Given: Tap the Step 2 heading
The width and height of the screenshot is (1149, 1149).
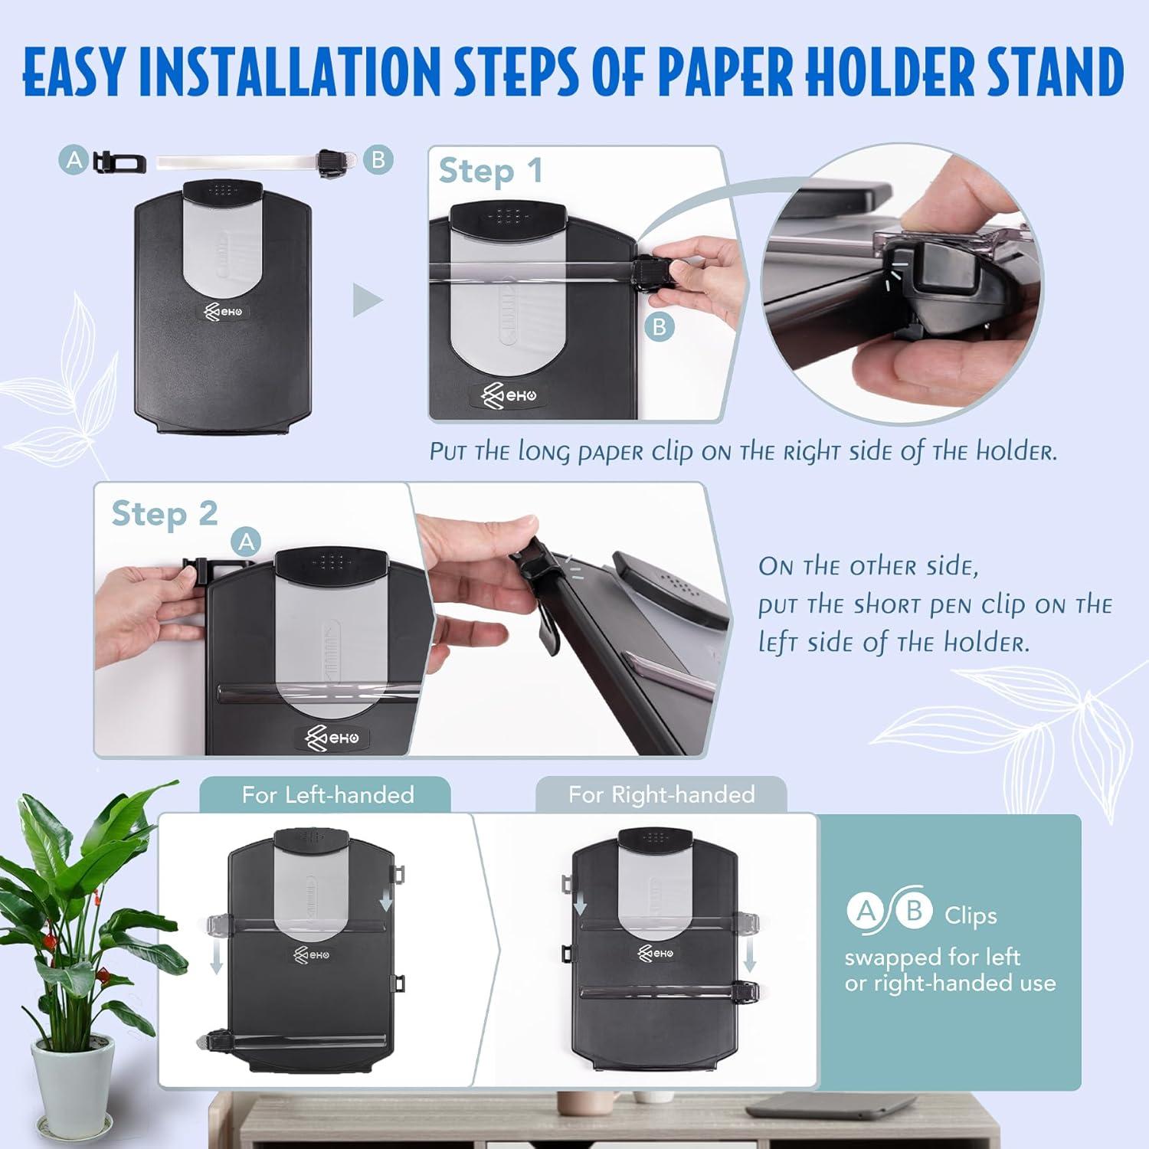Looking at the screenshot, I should [164, 514].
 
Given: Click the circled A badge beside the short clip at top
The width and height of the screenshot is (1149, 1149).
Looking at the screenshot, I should [74, 160].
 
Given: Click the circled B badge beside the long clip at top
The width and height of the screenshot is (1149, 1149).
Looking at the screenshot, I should [378, 160].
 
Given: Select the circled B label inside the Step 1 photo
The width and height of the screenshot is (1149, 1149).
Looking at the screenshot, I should [659, 327].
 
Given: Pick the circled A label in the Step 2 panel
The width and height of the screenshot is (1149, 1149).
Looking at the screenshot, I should [246, 542].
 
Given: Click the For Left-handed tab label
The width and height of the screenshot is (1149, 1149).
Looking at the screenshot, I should [327, 795].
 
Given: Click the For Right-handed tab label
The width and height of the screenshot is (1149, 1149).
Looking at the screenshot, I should [661, 795].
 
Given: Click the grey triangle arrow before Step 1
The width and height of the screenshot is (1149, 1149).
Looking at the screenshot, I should [367, 301].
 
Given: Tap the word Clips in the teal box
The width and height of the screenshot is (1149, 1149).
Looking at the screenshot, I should [971, 915].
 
